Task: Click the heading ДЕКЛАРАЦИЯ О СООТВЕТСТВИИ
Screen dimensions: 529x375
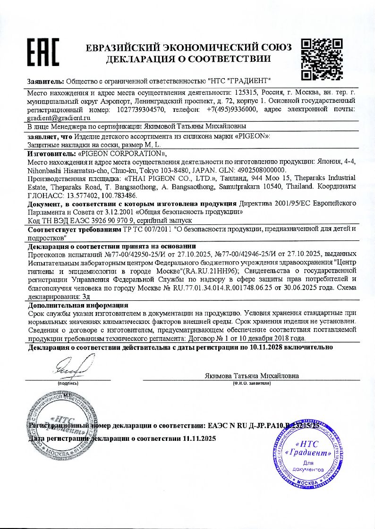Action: [188, 59]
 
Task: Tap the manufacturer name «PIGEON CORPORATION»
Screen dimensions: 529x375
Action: [122, 154]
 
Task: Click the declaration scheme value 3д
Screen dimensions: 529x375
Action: [85, 296]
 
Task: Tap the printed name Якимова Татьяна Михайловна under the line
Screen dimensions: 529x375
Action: [252, 376]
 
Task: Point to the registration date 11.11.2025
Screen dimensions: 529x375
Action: [198, 438]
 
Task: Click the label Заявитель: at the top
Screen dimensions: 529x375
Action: [46, 81]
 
